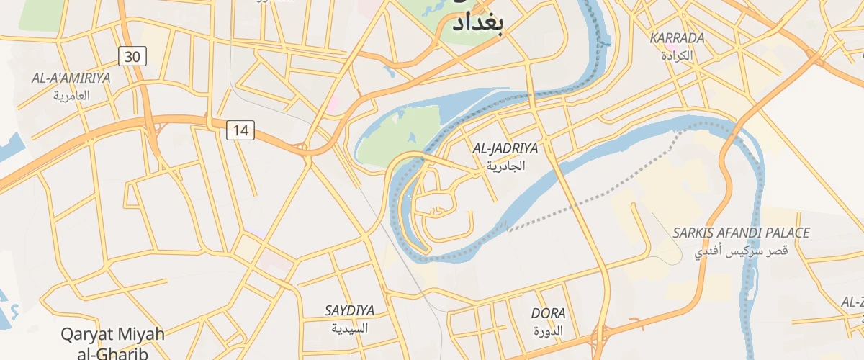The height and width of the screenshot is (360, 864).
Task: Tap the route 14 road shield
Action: (x=240, y=130)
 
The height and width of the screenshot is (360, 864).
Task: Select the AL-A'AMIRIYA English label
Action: (x=71, y=78)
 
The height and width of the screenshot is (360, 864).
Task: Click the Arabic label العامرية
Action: (x=71, y=95)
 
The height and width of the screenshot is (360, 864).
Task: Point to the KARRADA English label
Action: (x=676, y=38)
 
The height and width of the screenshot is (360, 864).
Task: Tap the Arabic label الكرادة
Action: (x=677, y=55)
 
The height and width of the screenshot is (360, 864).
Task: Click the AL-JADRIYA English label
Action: (x=505, y=148)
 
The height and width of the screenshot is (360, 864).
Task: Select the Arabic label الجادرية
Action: (x=505, y=166)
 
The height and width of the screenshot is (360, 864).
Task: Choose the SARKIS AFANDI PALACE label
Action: (x=741, y=233)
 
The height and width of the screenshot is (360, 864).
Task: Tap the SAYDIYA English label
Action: (x=349, y=311)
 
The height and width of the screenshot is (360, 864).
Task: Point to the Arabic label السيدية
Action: (x=349, y=328)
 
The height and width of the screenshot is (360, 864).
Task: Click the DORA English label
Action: (x=548, y=314)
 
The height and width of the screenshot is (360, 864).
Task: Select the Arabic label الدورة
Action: (x=548, y=331)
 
